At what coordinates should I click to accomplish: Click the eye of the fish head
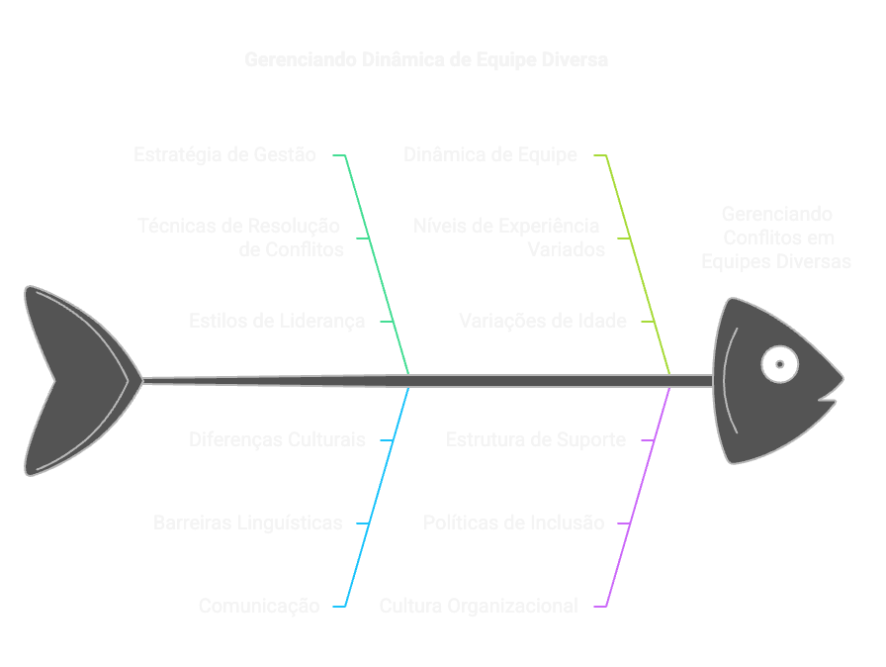coord(779,364)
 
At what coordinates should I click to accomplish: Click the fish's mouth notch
coord(829,399)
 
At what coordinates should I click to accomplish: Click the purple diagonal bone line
coord(639,495)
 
